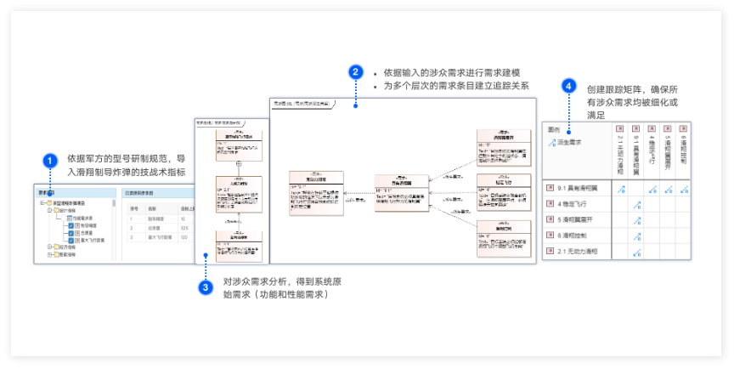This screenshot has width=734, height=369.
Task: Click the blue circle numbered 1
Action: [51, 160]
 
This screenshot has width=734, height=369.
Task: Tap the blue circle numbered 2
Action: [357, 72]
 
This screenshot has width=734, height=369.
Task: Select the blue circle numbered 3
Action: [206, 287]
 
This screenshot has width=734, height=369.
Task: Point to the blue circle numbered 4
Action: [568, 87]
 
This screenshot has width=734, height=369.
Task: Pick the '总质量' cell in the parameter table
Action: [156, 227]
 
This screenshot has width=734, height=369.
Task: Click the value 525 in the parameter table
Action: [184, 227]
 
